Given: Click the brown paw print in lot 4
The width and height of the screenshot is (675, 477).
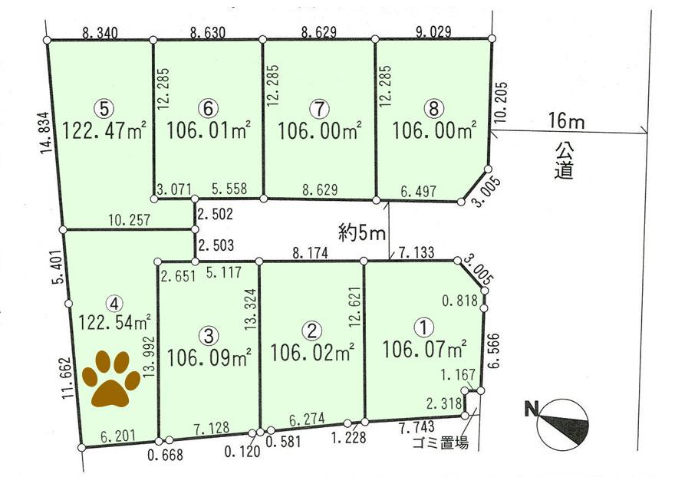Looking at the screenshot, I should pyautogui.click(x=111, y=379).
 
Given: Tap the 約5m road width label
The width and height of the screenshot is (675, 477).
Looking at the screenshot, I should pyautogui.click(x=360, y=232).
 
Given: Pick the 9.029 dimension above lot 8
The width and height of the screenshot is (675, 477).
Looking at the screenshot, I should pyautogui.click(x=433, y=31).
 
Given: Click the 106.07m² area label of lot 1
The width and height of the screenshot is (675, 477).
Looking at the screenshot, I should pyautogui.click(x=424, y=350).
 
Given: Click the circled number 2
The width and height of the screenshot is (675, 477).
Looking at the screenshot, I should pyautogui.click(x=311, y=331).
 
